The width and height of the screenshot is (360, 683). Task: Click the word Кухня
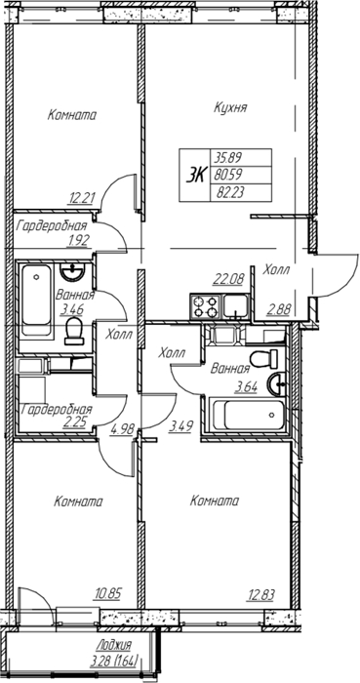tap(230, 107)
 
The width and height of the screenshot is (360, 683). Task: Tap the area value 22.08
tap(228, 277)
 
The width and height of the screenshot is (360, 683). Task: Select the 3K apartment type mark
tap(195, 175)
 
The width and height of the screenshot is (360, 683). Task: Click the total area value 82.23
tap(226, 193)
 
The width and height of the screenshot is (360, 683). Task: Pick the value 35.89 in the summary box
tap(226, 156)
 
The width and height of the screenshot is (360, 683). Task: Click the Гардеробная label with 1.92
tap(52, 226)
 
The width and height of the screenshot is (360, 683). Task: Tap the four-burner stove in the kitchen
tap(206, 306)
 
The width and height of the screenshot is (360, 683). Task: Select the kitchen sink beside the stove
tap(235, 306)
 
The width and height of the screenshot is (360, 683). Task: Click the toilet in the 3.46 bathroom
tap(73, 331)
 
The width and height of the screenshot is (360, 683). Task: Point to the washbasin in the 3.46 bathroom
tap(73, 272)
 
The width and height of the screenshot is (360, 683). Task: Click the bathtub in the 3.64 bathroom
tap(248, 415)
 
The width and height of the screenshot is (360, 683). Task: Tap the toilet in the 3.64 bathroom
tap(264, 358)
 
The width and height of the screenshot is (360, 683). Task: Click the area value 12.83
tap(261, 593)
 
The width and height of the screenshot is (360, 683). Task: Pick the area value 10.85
tap(109, 593)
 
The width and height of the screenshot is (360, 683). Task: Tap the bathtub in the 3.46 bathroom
tap(36, 301)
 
